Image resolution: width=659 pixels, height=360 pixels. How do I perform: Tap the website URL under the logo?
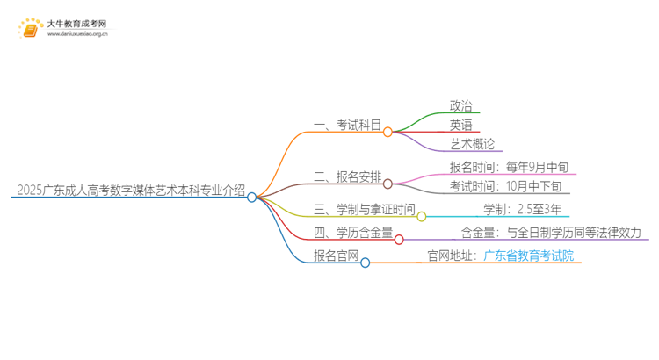pyautogui.click(x=77, y=35)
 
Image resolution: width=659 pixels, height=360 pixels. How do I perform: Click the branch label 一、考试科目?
pyautogui.click(x=347, y=126)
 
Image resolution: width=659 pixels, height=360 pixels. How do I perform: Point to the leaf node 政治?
pyautogui.click(x=461, y=105)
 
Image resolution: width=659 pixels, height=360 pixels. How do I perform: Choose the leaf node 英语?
pyautogui.click(x=461, y=125)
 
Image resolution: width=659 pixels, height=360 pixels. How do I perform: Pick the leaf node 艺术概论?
pyautogui.click(x=472, y=144)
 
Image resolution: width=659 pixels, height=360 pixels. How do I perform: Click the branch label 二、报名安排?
pyautogui.click(x=347, y=176)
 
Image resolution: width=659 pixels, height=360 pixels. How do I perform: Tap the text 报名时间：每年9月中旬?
pyautogui.click(x=503, y=167)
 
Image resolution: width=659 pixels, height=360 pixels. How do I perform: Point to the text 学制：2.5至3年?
pyautogui.click(x=523, y=209)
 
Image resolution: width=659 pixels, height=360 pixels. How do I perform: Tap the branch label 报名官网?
pyautogui.click(x=336, y=256)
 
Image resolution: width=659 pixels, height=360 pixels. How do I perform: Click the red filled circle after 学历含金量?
pyautogui.click(x=400, y=239)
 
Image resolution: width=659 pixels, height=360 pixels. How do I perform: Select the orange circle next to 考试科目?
pyautogui.click(x=387, y=132)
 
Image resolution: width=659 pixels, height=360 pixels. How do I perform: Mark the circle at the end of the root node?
pyautogui.click(x=252, y=197)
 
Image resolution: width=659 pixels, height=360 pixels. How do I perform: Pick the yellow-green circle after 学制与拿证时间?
pyautogui.click(x=422, y=216)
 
